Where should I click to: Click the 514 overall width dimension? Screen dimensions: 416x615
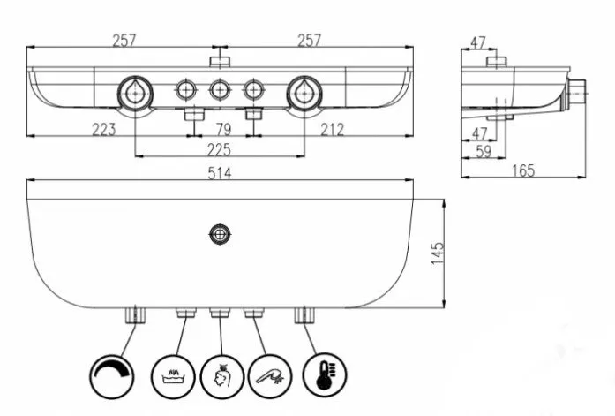[219, 174]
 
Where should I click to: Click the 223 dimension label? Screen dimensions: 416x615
[103, 130]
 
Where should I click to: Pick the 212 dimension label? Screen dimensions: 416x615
[333, 130]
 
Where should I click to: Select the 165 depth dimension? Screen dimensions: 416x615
[523, 170]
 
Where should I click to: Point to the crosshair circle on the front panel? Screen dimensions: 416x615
[219, 234]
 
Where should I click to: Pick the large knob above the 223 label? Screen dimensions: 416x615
[134, 90]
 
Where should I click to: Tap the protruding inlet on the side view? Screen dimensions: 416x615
[578, 88]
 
